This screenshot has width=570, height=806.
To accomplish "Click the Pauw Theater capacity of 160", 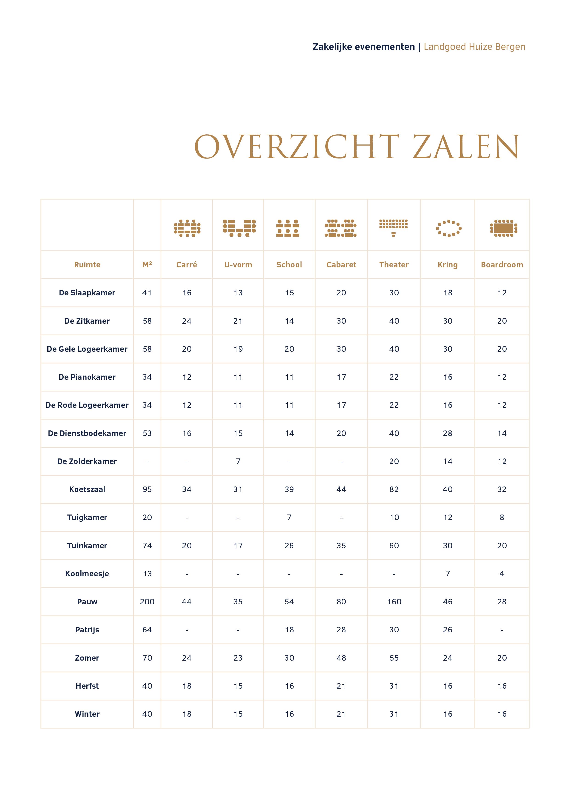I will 394,602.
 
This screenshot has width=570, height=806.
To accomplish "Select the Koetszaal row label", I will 87,489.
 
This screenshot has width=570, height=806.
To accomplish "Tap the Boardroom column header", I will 502,265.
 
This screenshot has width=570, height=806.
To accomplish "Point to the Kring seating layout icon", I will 448,228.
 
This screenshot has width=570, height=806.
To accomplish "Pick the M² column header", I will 147,265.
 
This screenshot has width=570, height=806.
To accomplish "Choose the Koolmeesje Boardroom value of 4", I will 502,574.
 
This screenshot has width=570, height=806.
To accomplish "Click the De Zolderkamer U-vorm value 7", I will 238,461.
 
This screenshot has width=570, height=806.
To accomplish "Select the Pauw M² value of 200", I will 147,602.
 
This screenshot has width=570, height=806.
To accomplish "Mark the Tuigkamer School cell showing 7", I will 289,518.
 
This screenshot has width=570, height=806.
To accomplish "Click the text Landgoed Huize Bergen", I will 474,47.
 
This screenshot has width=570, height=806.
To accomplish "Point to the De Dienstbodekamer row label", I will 87,433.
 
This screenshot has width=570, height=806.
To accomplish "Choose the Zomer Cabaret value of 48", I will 341,658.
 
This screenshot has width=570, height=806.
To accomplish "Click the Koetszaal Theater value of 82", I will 394,489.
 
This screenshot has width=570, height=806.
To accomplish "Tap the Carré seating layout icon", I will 187,228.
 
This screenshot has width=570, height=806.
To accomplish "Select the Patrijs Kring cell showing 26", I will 448,630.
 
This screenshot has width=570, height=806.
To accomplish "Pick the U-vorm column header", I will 238,265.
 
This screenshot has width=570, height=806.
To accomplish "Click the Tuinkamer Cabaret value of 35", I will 341,546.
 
